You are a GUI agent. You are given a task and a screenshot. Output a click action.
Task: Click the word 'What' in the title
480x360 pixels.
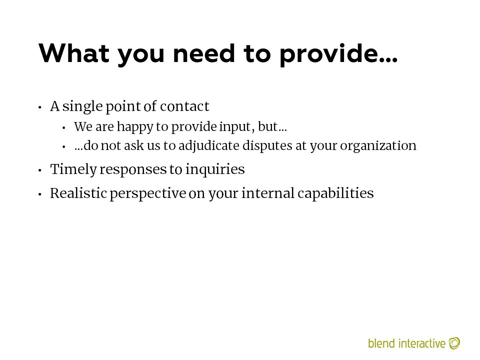tap(74, 53)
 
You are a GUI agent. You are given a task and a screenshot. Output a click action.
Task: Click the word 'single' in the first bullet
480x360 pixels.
tap(82, 107)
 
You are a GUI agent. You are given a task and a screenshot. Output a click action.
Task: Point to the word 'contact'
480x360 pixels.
tap(184, 106)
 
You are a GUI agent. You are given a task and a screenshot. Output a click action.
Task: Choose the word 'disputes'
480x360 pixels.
tap(267, 146)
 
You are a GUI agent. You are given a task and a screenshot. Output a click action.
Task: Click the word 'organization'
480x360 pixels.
tap(378, 146)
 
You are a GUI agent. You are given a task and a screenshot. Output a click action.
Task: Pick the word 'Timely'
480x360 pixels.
tap(73, 169)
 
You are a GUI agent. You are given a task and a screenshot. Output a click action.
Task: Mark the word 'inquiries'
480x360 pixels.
tap(215, 169)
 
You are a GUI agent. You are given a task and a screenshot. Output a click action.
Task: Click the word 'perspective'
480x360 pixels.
tap(148, 194)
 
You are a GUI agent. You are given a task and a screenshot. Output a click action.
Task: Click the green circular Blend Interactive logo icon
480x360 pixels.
tap(454, 343)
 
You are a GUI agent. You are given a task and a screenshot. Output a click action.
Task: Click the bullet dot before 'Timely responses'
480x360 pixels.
tap(40, 170)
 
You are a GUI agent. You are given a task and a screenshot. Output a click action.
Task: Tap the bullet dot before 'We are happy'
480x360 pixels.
tap(63, 128)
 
